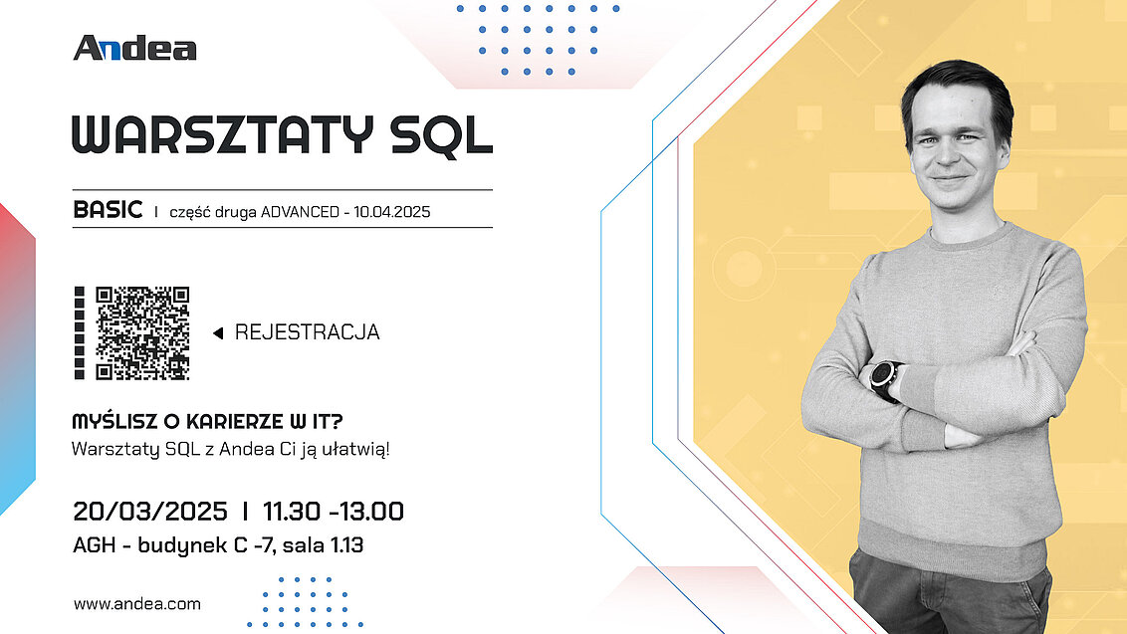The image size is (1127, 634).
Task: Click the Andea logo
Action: [134, 48]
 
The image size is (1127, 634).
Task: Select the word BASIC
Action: [108, 210]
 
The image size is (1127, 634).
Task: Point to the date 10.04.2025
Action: [391, 212]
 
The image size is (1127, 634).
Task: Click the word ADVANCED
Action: [300, 212]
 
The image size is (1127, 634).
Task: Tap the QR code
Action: [142, 332]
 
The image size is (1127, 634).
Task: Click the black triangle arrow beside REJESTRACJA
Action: [218, 332]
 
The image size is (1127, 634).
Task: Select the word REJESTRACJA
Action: [307, 332]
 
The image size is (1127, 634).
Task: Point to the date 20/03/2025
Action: [150, 512]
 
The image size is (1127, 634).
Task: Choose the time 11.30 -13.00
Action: [334, 512]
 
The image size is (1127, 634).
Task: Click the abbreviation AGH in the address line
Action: [95, 544]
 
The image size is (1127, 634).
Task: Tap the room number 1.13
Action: [346, 544]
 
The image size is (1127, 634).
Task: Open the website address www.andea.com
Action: [137, 604]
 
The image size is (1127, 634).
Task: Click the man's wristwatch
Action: [885, 379]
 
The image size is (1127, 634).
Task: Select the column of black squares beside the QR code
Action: [79, 332]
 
